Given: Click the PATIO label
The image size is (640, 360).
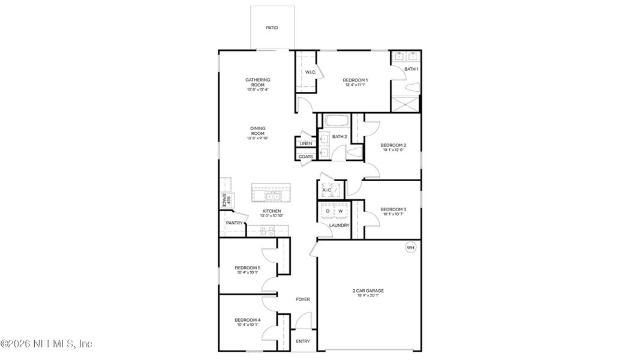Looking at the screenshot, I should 272,28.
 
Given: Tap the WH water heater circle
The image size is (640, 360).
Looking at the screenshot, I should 410,247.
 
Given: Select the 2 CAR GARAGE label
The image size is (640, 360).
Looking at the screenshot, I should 368,291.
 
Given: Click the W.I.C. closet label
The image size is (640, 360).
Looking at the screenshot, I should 310,73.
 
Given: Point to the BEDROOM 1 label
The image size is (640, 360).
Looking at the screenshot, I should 355,80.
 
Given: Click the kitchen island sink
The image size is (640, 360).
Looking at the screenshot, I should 271,195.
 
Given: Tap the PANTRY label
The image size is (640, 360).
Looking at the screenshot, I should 233,223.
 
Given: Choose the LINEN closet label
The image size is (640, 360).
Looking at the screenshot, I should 305,144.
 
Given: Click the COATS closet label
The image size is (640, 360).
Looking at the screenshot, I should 305,157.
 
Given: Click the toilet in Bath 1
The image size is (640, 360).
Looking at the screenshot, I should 411,88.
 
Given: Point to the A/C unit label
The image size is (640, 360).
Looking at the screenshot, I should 327,190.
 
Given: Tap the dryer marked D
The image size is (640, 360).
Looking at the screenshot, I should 327,211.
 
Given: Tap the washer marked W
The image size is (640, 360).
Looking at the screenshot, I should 340,211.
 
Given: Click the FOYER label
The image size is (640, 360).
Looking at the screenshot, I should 303,299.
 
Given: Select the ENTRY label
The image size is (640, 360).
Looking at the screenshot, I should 303,341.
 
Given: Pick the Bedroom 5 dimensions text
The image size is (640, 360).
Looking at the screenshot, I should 247,273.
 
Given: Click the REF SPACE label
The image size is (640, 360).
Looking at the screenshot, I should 226,200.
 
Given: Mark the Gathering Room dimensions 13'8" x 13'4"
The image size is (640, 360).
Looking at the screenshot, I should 257,90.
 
